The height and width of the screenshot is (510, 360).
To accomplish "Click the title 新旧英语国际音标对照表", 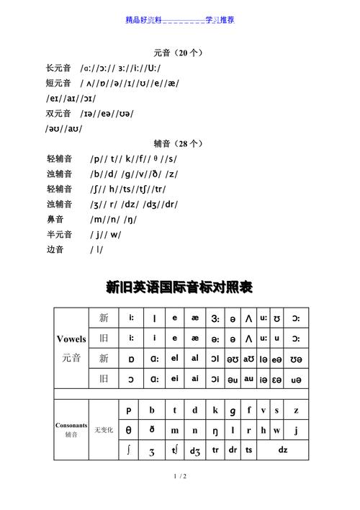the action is coord(179,288).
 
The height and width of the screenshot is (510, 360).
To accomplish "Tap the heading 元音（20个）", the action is coord(179,53).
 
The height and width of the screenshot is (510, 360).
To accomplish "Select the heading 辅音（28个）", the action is coord(179,143).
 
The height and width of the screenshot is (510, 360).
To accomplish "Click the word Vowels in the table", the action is coord(71,338).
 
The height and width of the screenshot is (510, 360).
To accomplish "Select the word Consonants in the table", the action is coord(71,426).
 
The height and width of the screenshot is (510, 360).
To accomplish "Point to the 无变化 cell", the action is coord(103,430).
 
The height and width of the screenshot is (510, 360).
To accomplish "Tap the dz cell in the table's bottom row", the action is coord(282,450).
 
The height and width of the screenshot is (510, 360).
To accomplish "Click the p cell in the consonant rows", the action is coord(129,410).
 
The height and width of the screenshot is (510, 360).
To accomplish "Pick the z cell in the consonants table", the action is coord(296,410).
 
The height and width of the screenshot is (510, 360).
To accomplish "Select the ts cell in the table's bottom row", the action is coord(249,450).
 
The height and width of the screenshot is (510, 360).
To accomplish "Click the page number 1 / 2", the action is coord(180,477).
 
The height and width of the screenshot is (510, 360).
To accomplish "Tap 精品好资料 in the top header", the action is coord(144,19).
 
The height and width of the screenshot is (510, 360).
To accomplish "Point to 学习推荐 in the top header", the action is coord(220,19).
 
